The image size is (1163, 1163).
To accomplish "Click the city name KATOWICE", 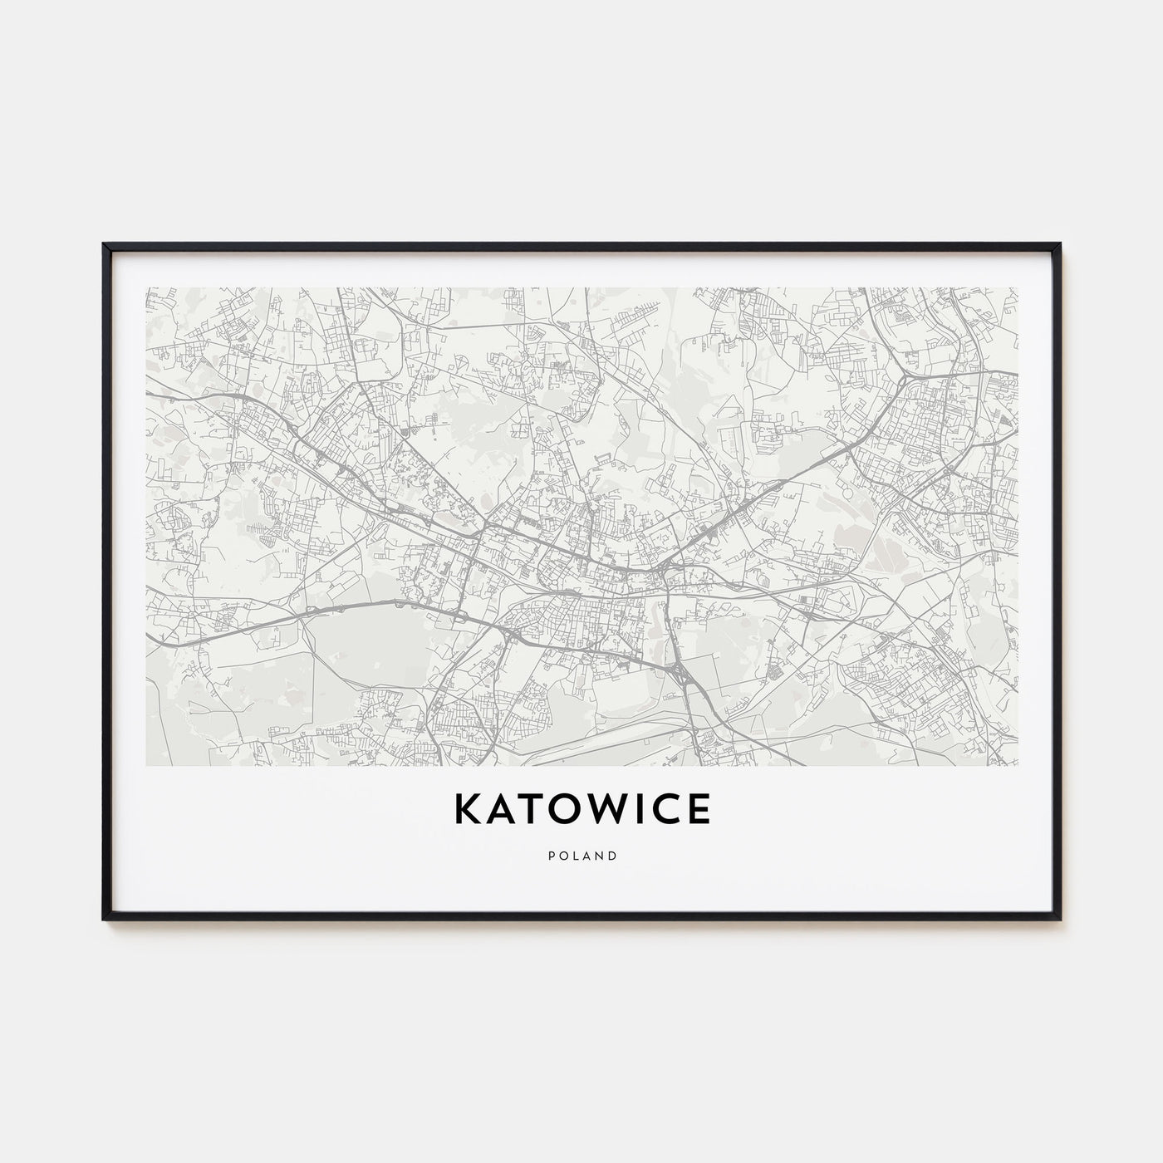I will pos(581,810).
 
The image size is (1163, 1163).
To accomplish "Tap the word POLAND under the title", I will pos(581,856).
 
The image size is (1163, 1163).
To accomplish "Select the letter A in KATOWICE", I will pos(497,810).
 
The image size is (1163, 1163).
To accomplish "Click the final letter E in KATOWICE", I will pos(698,810).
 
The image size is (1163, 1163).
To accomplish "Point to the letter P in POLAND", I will pos(549,856).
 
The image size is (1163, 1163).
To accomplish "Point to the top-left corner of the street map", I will pos(146,288).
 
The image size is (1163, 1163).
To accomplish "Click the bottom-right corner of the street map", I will pos(1017,765).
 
